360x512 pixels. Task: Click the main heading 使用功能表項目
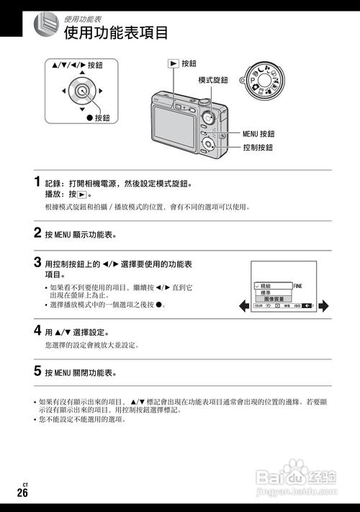tap(116, 33)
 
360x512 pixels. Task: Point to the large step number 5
tap(37, 372)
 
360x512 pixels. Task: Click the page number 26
tap(23, 493)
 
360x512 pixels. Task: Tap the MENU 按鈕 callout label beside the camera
tap(258, 134)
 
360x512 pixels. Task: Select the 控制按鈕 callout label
tap(258, 148)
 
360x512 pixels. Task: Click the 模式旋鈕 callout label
tap(214, 80)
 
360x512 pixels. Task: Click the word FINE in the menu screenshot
tap(298, 286)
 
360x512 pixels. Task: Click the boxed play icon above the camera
tap(173, 63)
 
